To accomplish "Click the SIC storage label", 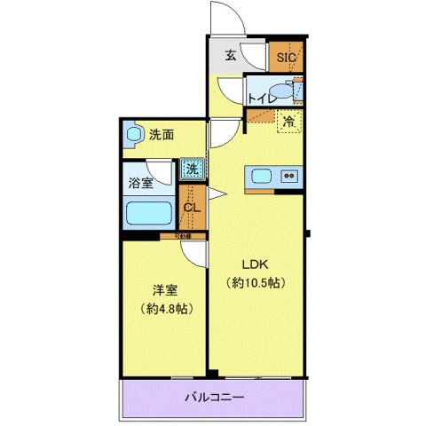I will coord(287,58).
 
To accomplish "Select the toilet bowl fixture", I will coord(280,91).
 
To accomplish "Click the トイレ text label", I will coord(260,98).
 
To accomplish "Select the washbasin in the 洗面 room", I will coord(134,136).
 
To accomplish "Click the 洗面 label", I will coord(162,135).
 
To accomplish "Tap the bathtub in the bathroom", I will coord(148,212).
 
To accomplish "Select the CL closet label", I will coord(191,209).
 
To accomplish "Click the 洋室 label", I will coord(164,288).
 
